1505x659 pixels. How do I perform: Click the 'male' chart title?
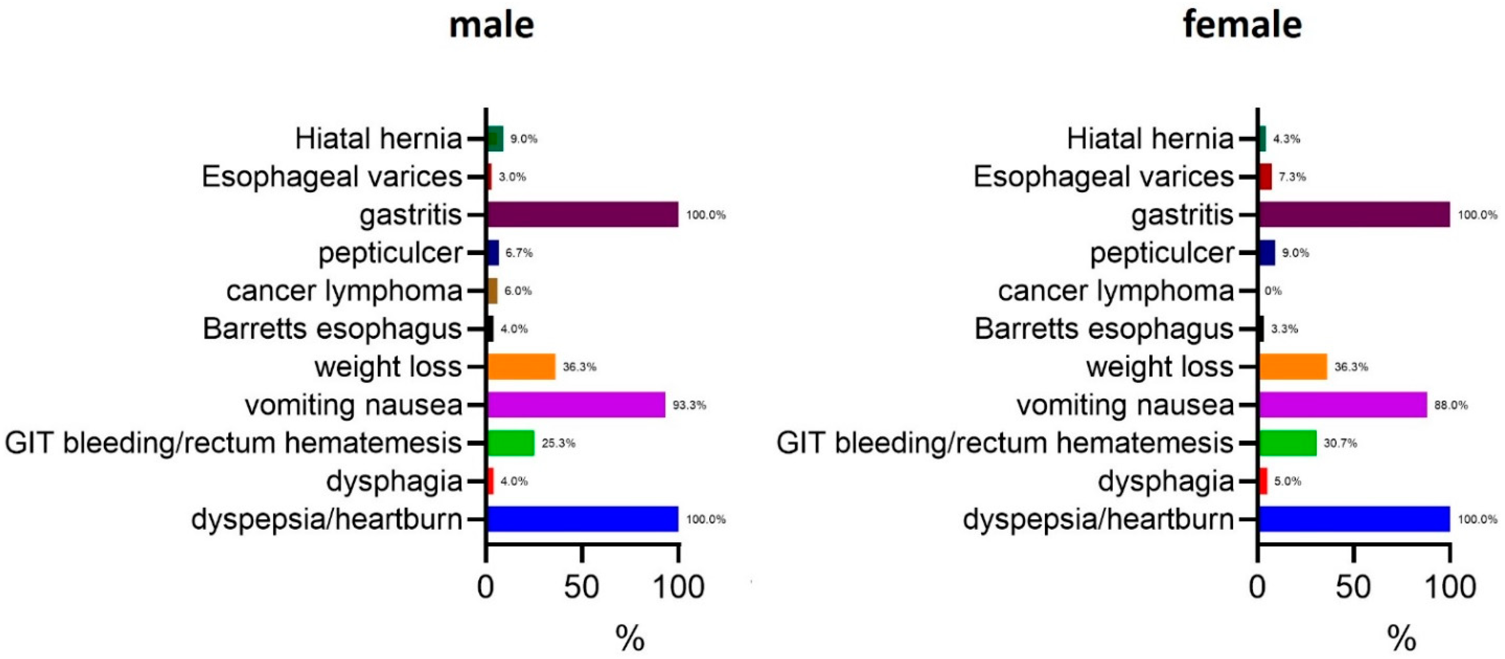coord(491,26)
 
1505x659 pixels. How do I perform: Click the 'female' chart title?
coord(1242,26)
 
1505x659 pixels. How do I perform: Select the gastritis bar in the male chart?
coord(582,214)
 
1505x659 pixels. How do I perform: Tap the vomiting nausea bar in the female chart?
coord(1342,405)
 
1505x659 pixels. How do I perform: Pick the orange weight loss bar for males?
coord(521,367)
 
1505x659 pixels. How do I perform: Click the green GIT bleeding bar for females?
coord(1287,443)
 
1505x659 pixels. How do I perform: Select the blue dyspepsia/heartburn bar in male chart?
coord(582,519)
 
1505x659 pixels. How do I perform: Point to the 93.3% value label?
coord(689,405)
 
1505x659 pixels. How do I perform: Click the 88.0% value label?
coord(1451,405)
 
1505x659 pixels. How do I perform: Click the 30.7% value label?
coord(1340,443)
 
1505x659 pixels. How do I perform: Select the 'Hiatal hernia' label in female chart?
coord(1150,139)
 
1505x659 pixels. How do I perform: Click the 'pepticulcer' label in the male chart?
coord(390,253)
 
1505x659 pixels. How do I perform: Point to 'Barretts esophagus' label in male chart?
coord(332,329)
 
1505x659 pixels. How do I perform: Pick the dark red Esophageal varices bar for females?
coord(1265,176)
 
